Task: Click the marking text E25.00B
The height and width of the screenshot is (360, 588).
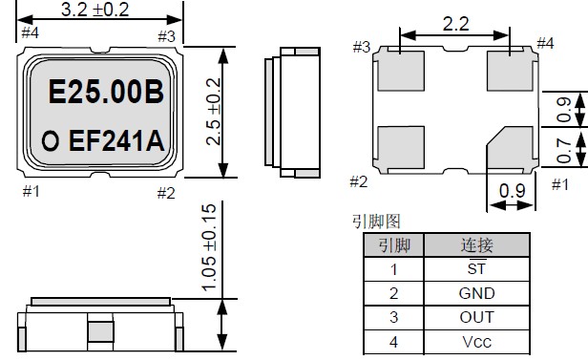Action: [x=106, y=92]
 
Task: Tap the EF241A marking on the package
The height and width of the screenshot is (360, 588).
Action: [x=116, y=140]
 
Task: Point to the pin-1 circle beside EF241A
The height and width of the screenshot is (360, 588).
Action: [x=51, y=141]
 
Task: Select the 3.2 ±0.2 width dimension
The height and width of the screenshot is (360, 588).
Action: [x=94, y=10]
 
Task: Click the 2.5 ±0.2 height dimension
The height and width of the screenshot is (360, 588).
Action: [x=214, y=112]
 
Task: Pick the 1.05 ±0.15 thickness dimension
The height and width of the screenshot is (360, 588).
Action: [x=209, y=247]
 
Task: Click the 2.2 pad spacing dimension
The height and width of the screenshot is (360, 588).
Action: [x=455, y=25]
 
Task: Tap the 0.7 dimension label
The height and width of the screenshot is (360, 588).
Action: [x=563, y=150]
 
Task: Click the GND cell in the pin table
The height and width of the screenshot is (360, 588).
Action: [x=476, y=293]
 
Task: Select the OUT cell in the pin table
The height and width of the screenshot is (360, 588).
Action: [x=476, y=318]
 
